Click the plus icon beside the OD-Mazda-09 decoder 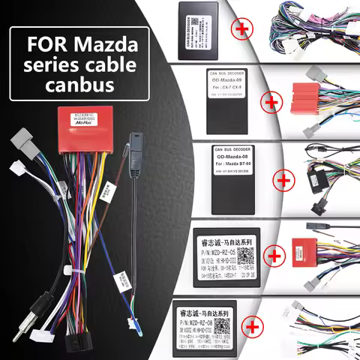coord(264,106)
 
